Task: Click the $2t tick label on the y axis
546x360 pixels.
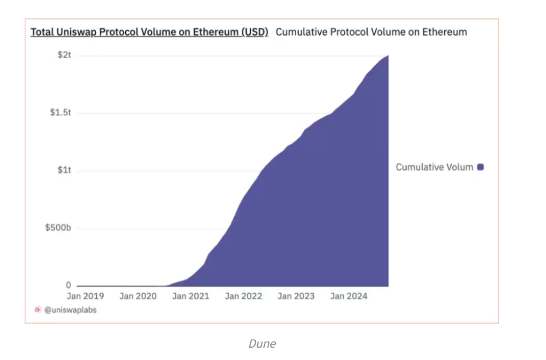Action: pos(65,55)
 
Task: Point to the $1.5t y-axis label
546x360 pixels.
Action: pos(60,113)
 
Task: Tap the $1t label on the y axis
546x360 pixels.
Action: pos(65,171)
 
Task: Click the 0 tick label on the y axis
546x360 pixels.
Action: pos(69,285)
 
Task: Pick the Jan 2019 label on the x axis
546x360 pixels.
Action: pos(85,297)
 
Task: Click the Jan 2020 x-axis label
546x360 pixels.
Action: pos(138,297)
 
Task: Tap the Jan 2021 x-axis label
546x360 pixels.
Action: pos(191,297)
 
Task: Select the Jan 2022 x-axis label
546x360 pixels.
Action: pos(244,297)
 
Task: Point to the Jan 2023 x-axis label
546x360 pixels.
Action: pos(296,297)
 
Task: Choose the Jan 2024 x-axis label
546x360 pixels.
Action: pos(349,297)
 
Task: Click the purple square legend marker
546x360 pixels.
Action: pos(481,167)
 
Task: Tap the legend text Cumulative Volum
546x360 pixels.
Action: pos(434,167)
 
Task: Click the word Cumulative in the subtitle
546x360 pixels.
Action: pos(300,32)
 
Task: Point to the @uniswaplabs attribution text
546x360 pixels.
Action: pos(70,310)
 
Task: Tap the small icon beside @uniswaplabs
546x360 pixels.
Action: pos(38,310)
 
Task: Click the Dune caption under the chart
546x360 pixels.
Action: pos(262,344)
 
